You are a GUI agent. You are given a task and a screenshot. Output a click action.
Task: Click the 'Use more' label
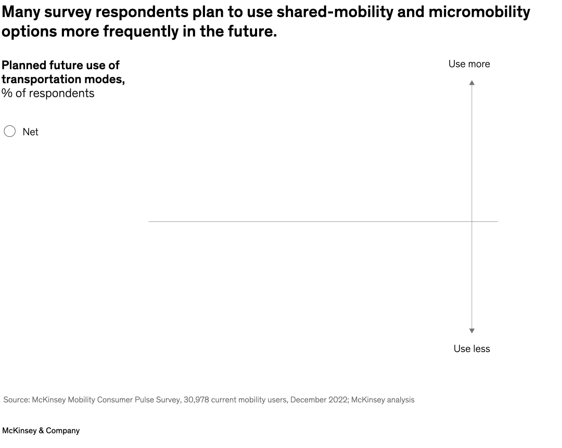[469, 64]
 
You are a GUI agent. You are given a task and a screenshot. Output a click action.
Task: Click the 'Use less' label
[471, 349]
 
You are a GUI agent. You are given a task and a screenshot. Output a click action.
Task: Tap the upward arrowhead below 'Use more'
[472, 83]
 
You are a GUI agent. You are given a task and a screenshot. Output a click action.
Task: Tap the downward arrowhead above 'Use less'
[472, 331]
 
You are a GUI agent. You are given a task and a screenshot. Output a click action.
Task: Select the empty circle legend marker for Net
[9, 131]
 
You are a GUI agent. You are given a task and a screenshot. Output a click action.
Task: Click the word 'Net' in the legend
[30, 132]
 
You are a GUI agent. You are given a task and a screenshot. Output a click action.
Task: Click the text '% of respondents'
[48, 94]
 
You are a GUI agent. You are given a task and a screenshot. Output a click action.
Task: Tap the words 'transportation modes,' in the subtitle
[63, 80]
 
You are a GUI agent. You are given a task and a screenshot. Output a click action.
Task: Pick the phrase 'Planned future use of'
[60, 65]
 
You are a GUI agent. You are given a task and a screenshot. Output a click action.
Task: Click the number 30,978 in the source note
[197, 400]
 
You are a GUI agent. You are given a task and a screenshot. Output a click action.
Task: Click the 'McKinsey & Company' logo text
[41, 431]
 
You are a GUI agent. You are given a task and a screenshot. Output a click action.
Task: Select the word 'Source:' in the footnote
[16, 400]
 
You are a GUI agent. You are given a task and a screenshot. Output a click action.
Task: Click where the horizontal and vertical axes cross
[472, 221]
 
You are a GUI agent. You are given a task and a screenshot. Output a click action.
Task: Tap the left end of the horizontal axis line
[149, 221]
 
